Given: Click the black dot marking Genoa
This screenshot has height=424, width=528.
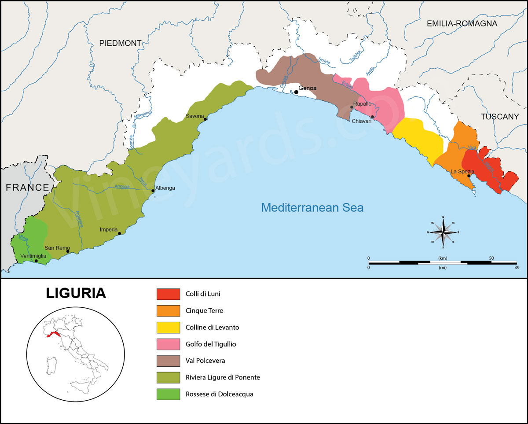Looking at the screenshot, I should (x=296, y=92).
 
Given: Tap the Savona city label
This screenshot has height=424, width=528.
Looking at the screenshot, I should (x=195, y=116).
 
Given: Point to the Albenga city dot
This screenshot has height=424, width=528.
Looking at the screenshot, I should (x=153, y=191).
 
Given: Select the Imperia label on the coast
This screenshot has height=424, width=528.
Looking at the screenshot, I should (x=109, y=229).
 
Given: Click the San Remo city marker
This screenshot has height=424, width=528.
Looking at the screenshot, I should (x=68, y=251).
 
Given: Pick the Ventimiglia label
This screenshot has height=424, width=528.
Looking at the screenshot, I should (x=33, y=256).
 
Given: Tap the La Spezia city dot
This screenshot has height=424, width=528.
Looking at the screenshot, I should (x=469, y=176).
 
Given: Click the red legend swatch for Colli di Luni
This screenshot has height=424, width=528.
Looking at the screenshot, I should (x=168, y=294).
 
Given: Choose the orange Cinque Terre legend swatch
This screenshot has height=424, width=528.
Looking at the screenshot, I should (x=168, y=310).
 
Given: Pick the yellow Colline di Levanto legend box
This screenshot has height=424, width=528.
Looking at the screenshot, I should (x=168, y=327).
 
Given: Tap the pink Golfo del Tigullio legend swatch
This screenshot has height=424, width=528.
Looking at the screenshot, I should (x=168, y=344).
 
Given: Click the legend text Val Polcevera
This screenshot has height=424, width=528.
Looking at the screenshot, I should (x=205, y=361).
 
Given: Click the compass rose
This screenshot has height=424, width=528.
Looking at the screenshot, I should (x=443, y=232).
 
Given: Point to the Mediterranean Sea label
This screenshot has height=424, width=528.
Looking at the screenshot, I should (x=312, y=207).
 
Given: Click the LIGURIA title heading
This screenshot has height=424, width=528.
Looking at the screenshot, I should (x=76, y=293).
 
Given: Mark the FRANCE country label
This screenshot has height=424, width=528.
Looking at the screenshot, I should (x=27, y=187).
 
